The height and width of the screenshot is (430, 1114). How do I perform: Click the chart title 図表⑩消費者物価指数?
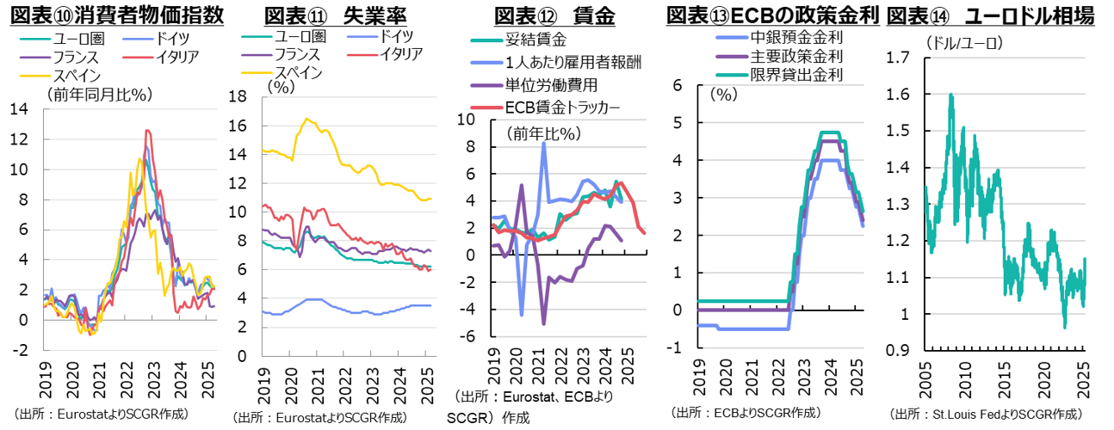point(116,15)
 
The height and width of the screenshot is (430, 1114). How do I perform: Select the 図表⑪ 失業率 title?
point(323,15)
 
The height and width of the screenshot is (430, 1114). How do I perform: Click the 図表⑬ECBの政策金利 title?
point(772,15)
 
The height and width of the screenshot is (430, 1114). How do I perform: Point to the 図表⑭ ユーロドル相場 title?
point(990,15)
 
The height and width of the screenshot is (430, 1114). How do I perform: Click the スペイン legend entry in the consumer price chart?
point(77,77)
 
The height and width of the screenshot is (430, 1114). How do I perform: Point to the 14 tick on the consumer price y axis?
point(19,108)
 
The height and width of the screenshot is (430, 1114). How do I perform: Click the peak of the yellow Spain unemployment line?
point(305,119)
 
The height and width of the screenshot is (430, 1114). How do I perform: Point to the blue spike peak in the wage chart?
point(544,144)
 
